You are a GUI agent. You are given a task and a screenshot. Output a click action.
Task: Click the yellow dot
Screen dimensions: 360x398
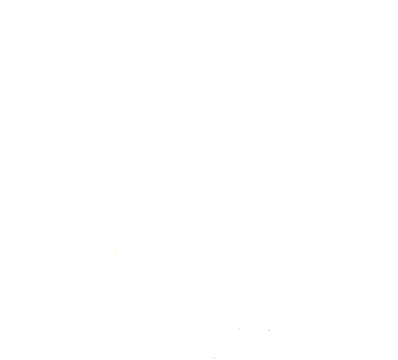(115, 252)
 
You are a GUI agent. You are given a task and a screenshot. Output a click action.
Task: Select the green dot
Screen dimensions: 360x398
(239, 328)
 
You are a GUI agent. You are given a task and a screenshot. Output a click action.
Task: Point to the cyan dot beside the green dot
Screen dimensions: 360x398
(245, 329)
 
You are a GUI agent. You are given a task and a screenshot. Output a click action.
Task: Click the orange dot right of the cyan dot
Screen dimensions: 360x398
(269, 330)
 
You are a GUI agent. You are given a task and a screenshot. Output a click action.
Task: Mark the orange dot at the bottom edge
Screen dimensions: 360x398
(214, 358)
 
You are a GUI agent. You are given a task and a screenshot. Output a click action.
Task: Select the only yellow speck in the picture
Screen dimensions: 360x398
(115, 252)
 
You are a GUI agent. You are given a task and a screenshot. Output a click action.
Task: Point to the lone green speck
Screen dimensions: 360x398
(239, 328)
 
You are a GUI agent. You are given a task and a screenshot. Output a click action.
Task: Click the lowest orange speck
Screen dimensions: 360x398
(214, 358)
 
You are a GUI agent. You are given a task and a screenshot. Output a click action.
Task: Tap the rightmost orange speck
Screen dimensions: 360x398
(269, 330)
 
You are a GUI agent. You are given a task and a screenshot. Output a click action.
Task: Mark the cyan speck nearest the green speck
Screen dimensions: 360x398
(245, 329)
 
